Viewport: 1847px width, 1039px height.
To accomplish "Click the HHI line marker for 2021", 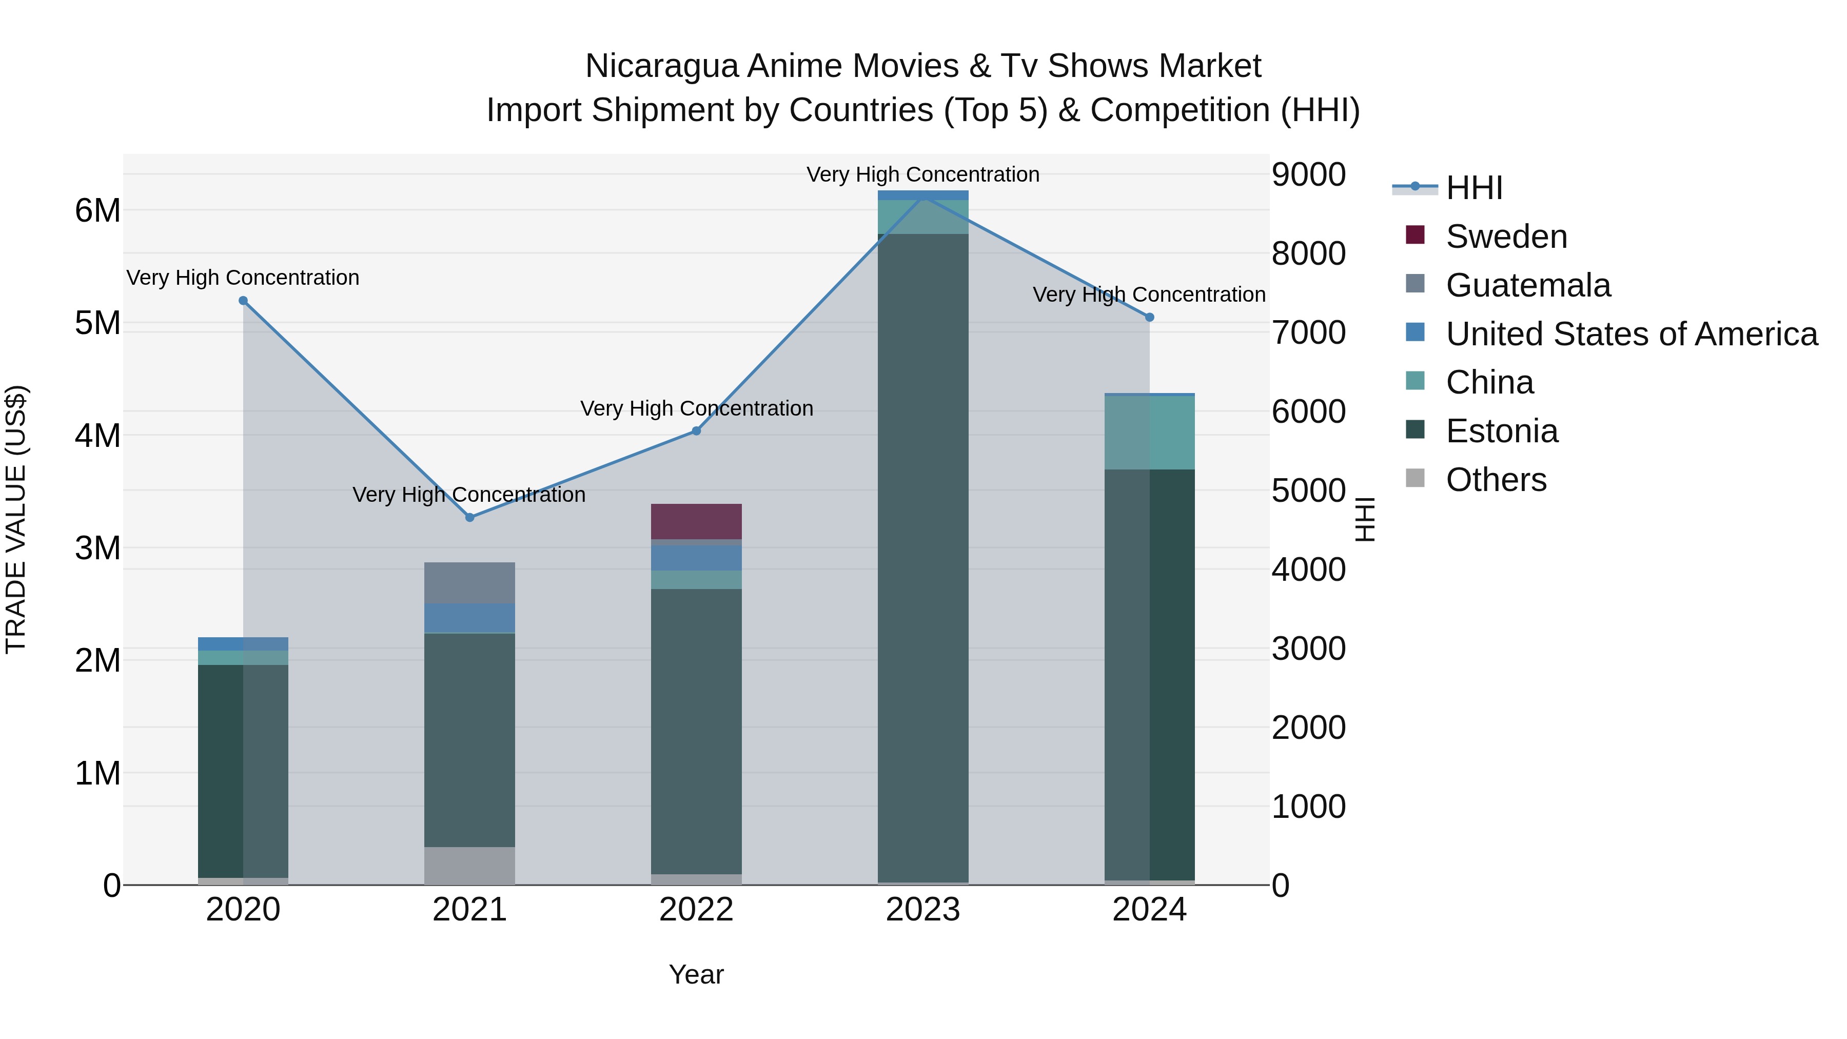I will point(469,517).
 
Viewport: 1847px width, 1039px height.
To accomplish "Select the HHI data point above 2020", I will point(243,301).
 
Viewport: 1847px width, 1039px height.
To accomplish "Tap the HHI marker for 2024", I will point(1149,317).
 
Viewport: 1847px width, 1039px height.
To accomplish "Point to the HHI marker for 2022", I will point(696,431).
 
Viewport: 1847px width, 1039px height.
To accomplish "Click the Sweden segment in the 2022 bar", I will point(696,521).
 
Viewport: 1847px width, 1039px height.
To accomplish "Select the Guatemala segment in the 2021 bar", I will point(469,582).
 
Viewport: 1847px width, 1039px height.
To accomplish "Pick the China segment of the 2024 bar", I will point(1149,433).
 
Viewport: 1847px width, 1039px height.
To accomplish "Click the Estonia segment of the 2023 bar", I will point(923,559).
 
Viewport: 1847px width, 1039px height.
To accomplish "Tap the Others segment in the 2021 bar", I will point(469,866).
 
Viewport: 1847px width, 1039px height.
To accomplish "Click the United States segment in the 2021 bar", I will point(469,618).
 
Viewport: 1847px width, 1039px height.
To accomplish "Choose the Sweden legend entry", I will point(1506,237).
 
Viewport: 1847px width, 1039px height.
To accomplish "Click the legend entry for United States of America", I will point(1631,334).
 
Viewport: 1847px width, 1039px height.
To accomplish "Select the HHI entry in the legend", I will point(1473,188).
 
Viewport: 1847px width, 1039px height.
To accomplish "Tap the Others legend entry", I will point(1496,480).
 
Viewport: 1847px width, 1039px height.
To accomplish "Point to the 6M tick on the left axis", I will point(97,211).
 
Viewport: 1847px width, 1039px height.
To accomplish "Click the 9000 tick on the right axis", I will point(1308,174).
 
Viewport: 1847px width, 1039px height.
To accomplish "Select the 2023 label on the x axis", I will point(923,910).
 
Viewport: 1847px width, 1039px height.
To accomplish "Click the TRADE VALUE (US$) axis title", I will point(16,519).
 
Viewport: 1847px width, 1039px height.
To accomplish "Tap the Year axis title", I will point(696,974).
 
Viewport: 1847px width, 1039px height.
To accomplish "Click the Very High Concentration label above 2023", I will point(923,174).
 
